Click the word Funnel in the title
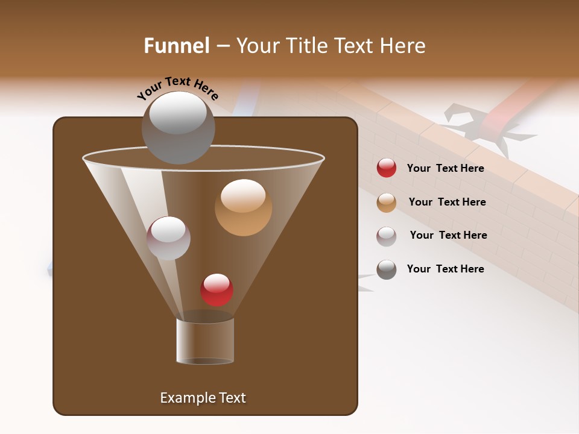pos(176,46)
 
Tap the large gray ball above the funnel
pos(178,127)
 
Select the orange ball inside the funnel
pos(243,207)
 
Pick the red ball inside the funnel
pos(217,289)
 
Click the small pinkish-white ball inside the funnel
pos(168,238)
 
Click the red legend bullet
pos(387,168)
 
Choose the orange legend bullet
pos(387,203)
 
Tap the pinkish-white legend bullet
pos(387,236)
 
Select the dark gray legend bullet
pos(387,269)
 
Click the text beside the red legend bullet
pos(445,168)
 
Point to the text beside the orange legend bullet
pos(447,202)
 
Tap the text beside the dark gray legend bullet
pos(445,269)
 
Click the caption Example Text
pos(203,398)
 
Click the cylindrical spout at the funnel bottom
pos(204,341)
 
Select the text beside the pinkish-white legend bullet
pos(448,235)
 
